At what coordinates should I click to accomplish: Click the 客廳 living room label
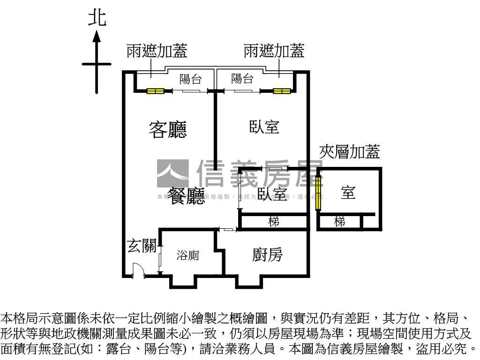(168, 130)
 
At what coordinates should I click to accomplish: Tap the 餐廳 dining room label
(187, 195)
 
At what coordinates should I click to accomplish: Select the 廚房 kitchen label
(267, 255)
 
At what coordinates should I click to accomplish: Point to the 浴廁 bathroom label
(188, 255)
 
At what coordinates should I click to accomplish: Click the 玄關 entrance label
(142, 246)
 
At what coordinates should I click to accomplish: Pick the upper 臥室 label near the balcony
(264, 127)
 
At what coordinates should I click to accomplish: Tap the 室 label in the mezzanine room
(348, 192)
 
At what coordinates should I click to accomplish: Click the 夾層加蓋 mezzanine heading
(350, 151)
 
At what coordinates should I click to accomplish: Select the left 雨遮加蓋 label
(157, 51)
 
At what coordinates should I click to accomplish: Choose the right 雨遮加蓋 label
(274, 51)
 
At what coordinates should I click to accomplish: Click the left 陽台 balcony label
(190, 79)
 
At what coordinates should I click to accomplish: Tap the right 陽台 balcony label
(242, 79)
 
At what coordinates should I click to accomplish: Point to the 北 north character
(97, 19)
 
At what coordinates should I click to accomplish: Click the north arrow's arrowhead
(97, 37)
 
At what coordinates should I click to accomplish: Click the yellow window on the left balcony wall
(155, 91)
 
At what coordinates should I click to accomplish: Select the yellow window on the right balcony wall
(282, 91)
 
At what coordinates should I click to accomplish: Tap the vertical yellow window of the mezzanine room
(319, 193)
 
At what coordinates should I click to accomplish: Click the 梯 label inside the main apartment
(274, 221)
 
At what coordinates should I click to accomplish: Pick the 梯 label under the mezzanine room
(339, 222)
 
